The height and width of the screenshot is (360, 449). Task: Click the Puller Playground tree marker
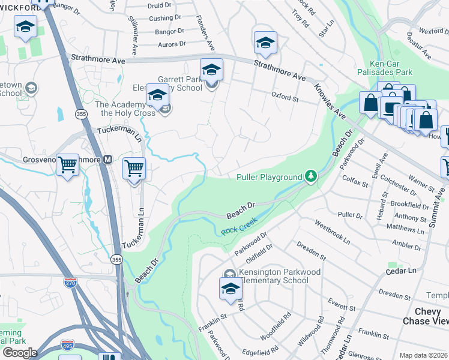coord(310,176)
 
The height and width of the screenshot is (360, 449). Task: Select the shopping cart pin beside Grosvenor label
coord(68,164)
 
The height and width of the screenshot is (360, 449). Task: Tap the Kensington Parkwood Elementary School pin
coord(229,288)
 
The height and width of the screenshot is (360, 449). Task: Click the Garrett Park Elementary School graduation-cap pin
coord(211,70)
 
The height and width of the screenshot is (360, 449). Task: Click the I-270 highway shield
coord(71,283)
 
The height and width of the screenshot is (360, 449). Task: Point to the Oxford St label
coord(285,97)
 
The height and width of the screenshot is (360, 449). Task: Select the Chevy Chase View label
coord(432,316)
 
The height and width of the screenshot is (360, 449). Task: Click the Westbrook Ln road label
coord(332,230)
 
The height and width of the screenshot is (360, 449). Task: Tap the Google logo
coord(19,353)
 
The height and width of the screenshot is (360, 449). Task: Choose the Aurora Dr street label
coord(171,44)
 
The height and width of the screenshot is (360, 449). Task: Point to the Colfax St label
coord(354,179)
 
